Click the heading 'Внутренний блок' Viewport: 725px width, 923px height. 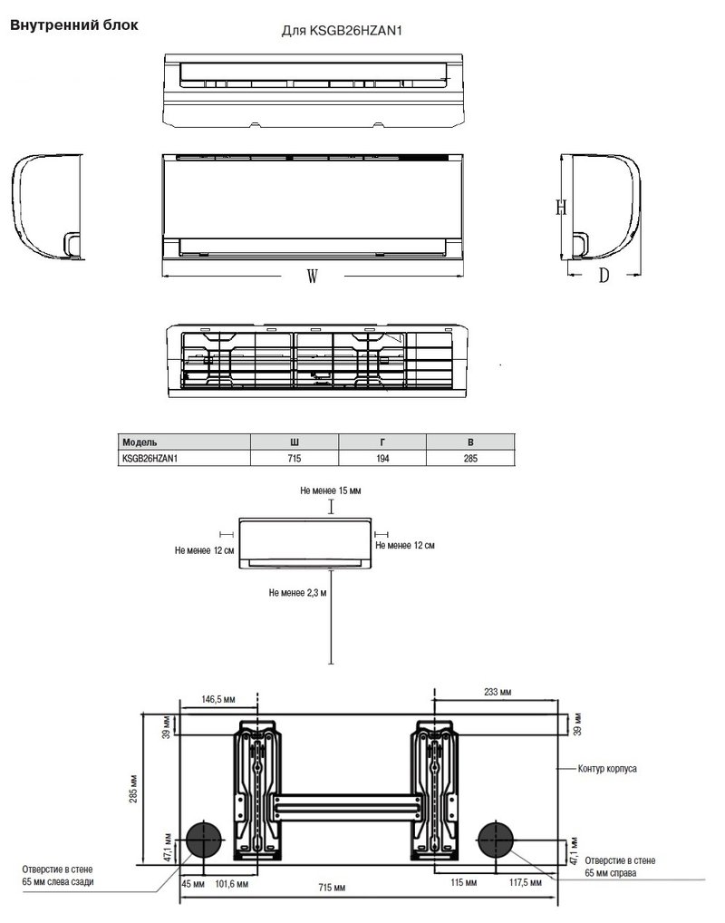coord(74,25)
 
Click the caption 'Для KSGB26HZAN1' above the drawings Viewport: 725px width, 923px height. coord(342,31)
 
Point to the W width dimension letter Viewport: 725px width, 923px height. coord(313,276)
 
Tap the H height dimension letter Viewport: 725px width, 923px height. coord(561,207)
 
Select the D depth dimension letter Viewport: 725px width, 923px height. coord(604,275)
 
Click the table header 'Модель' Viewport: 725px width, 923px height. coord(140,442)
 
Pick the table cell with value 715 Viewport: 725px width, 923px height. coord(295,458)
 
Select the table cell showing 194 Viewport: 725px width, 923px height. coord(382,458)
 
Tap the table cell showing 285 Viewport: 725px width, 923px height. coord(470,458)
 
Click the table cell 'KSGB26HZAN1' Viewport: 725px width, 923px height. coord(150,458)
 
